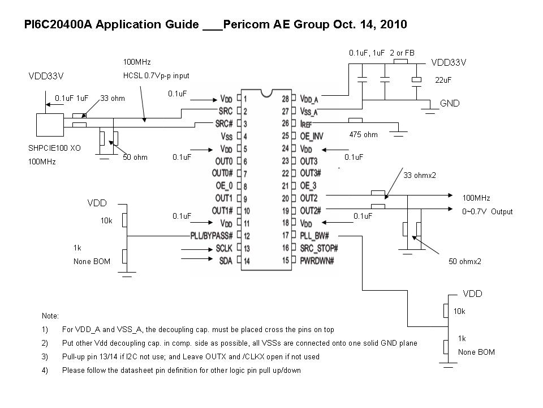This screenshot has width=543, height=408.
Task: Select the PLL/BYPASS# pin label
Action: [210, 235]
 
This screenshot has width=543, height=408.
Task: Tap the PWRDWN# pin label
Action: [318, 260]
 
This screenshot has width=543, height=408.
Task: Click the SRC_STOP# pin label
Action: [319, 248]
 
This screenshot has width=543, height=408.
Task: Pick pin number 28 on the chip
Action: [285, 98]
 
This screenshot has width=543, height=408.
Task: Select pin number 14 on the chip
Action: [247, 260]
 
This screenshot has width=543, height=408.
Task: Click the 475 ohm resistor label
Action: [363, 134]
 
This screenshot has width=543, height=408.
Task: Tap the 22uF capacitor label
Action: [443, 80]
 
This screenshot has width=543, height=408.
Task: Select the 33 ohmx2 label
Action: [420, 175]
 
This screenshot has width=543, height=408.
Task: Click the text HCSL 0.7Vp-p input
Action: [156, 75]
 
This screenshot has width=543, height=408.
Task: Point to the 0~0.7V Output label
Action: [488, 211]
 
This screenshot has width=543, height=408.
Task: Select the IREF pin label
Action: [306, 123]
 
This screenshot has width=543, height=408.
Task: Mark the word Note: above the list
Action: [50, 316]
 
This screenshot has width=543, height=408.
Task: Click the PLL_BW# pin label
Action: [314, 235]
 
